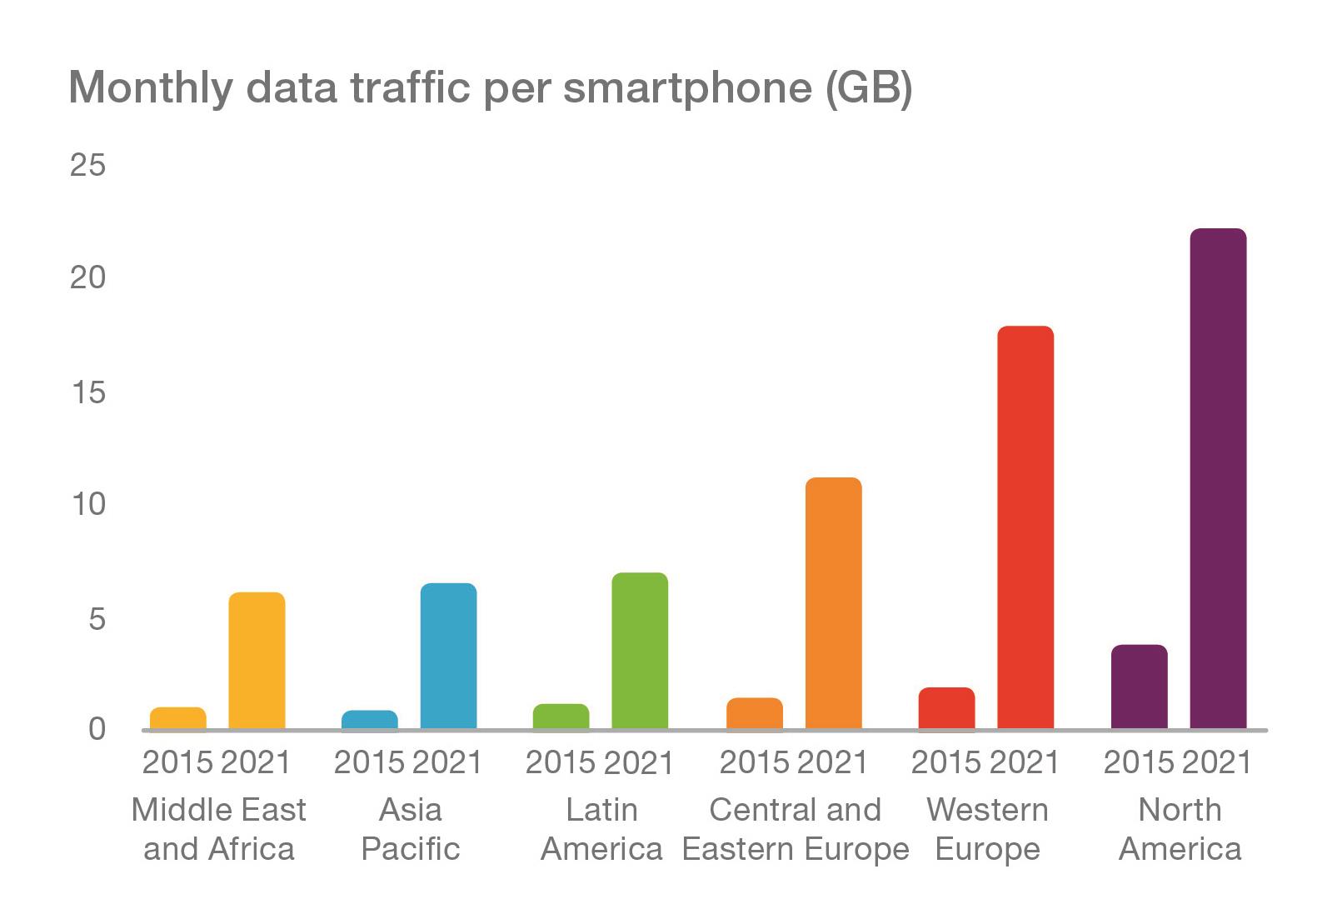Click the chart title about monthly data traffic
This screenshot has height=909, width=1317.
coord(490,87)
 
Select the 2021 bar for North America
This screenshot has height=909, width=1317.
coord(1218,479)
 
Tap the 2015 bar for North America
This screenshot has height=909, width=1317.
coord(1139,687)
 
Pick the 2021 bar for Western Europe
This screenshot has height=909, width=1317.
coord(1025,527)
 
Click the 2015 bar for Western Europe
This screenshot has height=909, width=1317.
coord(946,709)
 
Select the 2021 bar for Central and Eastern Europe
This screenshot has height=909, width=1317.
coord(833,603)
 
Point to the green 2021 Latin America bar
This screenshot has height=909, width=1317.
coord(640,651)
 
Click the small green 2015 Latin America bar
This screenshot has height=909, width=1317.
coord(561,717)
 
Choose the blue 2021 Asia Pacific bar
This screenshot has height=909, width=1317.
coord(448,656)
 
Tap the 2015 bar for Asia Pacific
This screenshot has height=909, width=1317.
coord(369,720)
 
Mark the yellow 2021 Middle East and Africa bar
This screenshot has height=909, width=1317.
coord(257,661)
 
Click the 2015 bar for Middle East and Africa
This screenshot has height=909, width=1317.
coord(177,718)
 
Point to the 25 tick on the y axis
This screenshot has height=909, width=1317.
coord(88,165)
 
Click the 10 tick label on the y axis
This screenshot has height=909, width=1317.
coord(88,504)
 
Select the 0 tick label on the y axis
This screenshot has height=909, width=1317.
coord(97,729)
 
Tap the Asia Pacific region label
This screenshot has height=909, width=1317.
coord(410,829)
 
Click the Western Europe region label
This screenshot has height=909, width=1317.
coord(987,829)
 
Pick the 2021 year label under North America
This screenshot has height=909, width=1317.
coord(1217,762)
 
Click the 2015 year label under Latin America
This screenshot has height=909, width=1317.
coord(561,762)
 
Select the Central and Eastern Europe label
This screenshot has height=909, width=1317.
coord(796,829)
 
